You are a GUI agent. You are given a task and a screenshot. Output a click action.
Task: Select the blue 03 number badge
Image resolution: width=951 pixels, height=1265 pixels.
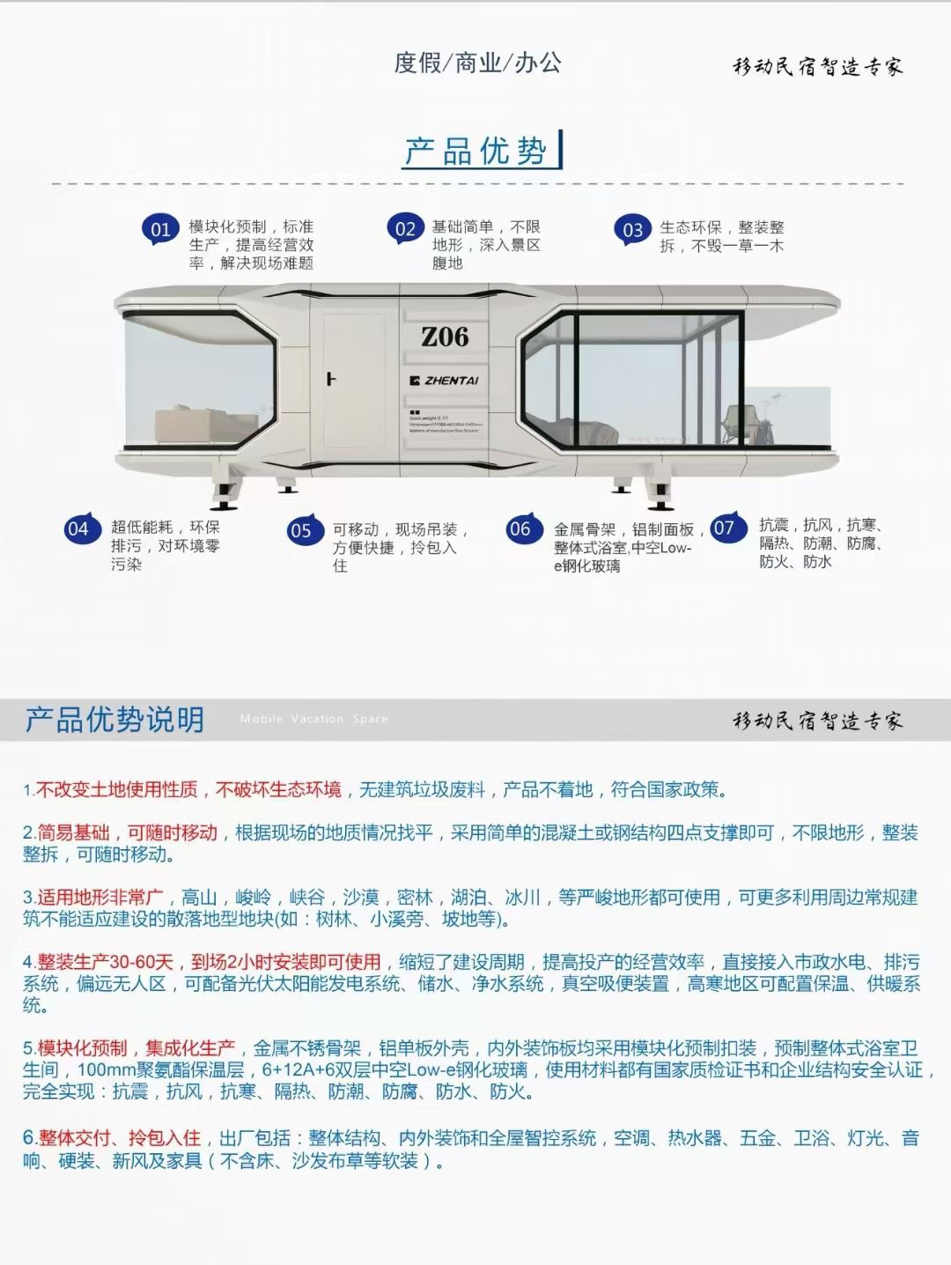(x=633, y=231)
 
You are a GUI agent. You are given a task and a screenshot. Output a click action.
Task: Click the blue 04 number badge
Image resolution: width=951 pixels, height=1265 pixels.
(x=78, y=529)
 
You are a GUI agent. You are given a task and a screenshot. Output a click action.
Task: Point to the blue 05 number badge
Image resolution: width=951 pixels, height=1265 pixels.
(x=301, y=530)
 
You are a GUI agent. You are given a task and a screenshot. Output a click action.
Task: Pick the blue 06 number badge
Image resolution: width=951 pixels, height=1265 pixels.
(x=520, y=529)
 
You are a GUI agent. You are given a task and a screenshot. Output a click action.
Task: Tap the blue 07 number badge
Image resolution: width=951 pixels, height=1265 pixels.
(x=725, y=529)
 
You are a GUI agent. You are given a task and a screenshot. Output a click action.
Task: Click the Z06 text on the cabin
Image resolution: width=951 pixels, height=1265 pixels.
(x=445, y=337)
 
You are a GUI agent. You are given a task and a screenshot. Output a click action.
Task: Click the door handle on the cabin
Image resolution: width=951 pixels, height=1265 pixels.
(x=331, y=380)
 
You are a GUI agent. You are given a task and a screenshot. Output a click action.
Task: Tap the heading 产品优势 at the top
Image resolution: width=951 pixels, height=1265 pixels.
(x=475, y=152)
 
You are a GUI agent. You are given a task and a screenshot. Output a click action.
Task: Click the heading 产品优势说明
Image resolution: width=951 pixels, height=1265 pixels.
(x=114, y=720)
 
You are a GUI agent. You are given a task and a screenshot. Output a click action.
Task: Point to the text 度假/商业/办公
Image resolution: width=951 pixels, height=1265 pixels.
(x=477, y=63)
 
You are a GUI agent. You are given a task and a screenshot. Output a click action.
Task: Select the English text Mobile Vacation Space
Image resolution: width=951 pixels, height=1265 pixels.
(x=313, y=719)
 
